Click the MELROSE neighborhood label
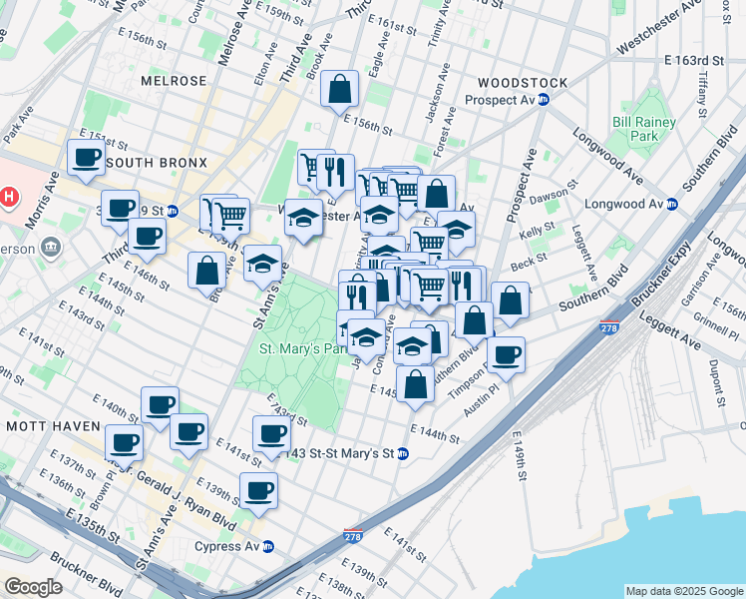point(174,81)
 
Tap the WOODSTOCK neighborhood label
point(523,83)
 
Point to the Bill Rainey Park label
point(644,129)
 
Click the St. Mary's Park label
point(302,349)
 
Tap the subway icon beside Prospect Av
point(544,101)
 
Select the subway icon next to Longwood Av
point(671,205)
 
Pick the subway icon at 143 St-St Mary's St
point(402,454)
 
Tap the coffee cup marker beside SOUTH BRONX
point(86,157)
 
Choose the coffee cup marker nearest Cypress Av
point(258,491)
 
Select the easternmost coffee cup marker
point(506,354)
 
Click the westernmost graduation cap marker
point(262,264)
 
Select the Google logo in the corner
point(33,587)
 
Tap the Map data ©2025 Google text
point(683,591)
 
